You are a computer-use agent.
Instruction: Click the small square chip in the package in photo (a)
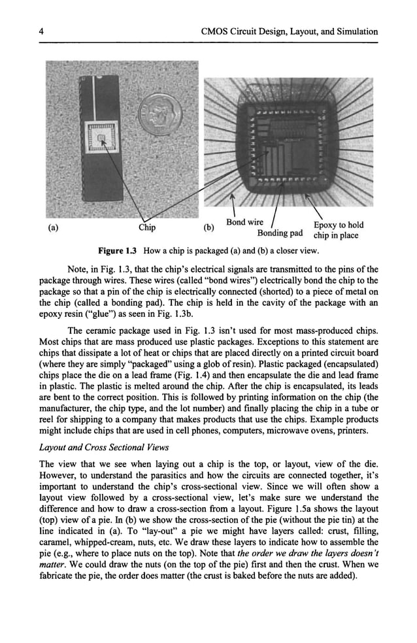coord(102,136)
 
